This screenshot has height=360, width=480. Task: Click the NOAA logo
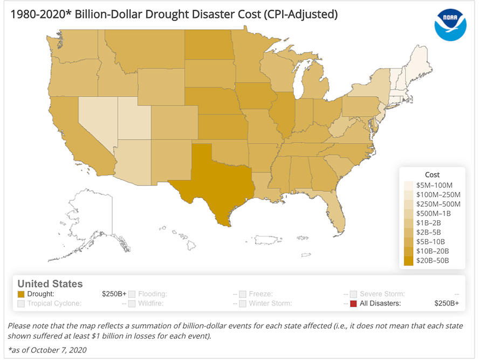tap(451, 25)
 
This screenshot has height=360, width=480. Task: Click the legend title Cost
tap(432, 174)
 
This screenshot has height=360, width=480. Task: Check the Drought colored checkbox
tap(22, 294)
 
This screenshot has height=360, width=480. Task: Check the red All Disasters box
tap(353, 304)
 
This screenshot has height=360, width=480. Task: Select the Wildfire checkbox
tap(132, 304)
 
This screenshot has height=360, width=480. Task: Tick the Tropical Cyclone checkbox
tap(22, 304)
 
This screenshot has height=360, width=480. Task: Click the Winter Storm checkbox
tap(243, 304)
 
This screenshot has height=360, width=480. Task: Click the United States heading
tap(50, 283)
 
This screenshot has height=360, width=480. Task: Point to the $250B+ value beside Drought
tap(114, 294)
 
